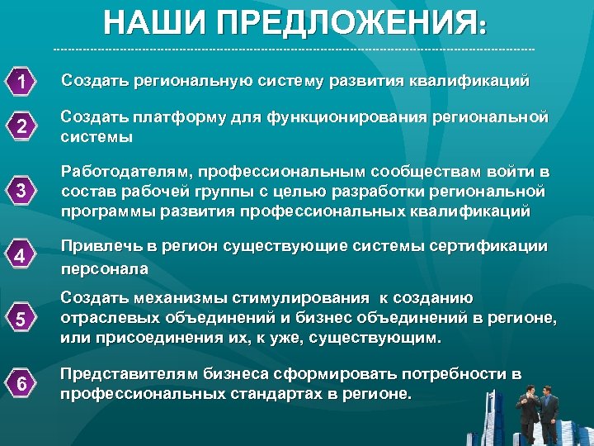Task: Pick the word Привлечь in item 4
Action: point(97,245)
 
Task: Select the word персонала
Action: point(104,268)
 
